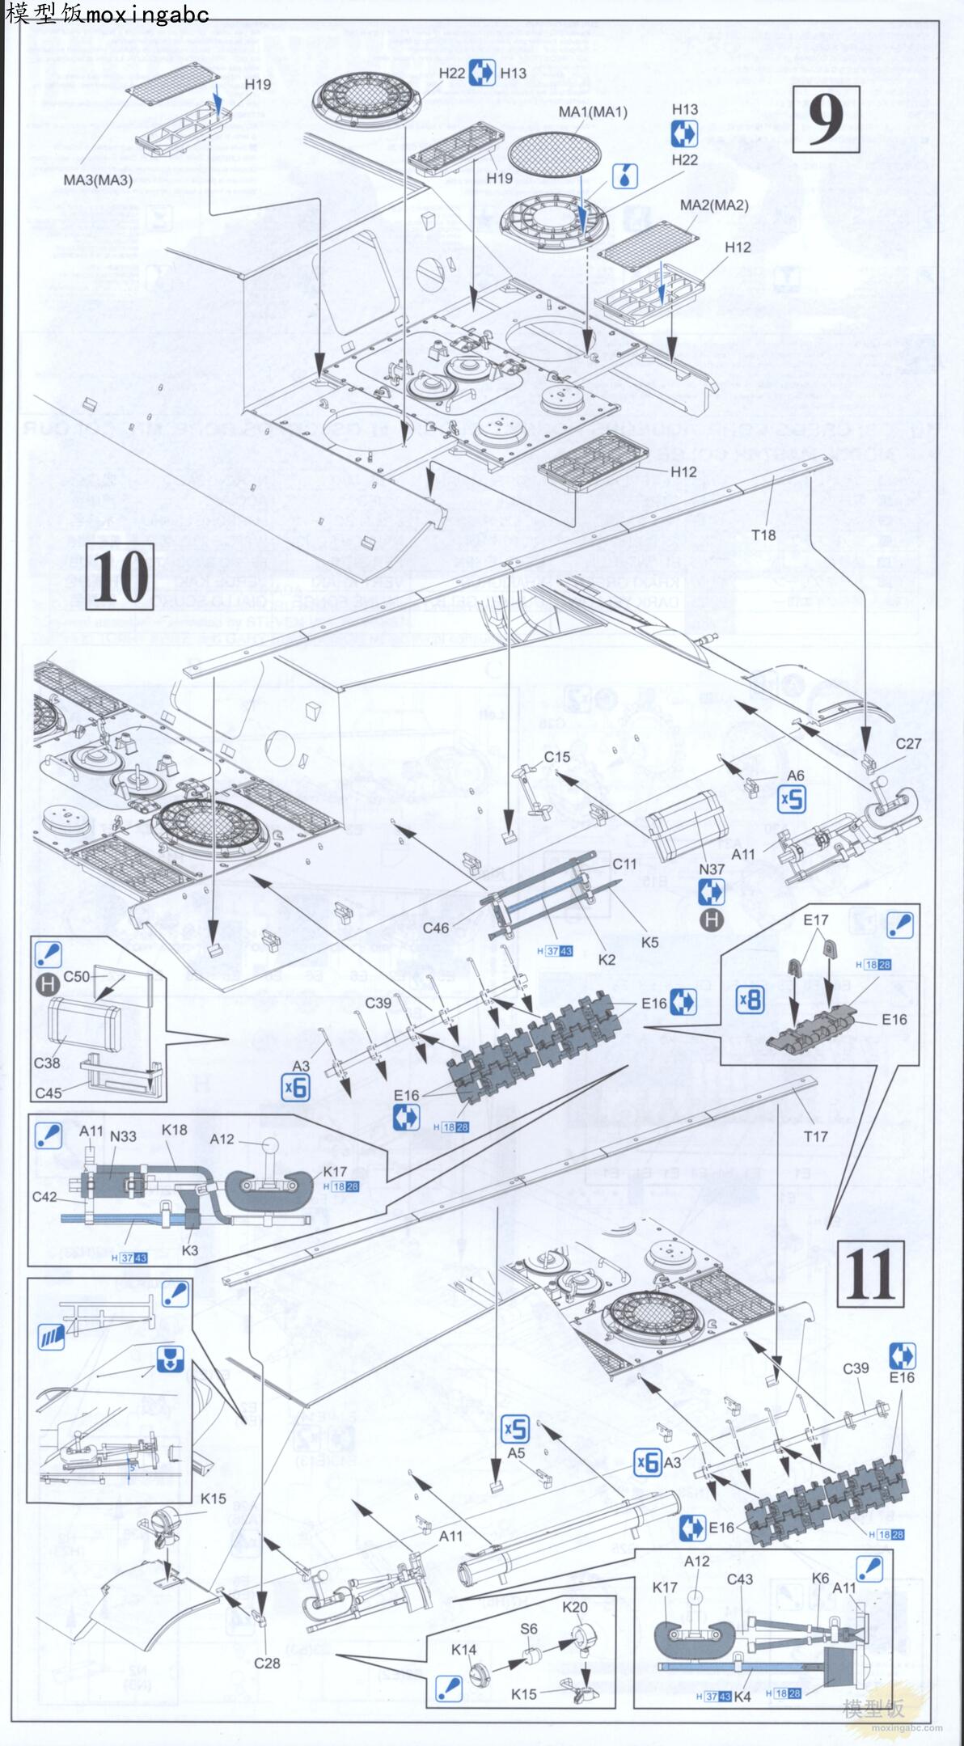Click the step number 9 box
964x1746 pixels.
pyautogui.click(x=825, y=120)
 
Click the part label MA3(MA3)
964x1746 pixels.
pyautogui.click(x=98, y=180)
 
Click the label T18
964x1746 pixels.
pyautogui.click(x=763, y=535)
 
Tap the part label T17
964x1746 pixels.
pyautogui.click(x=815, y=1136)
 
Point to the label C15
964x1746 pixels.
pyautogui.click(x=556, y=757)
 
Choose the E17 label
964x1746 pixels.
pyautogui.click(x=816, y=920)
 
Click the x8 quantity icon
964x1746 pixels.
pyautogui.click(x=750, y=1000)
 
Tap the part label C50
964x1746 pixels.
pyautogui.click(x=77, y=976)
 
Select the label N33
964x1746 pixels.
pyautogui.click(x=123, y=1136)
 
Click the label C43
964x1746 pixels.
pyautogui.click(x=739, y=1579)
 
